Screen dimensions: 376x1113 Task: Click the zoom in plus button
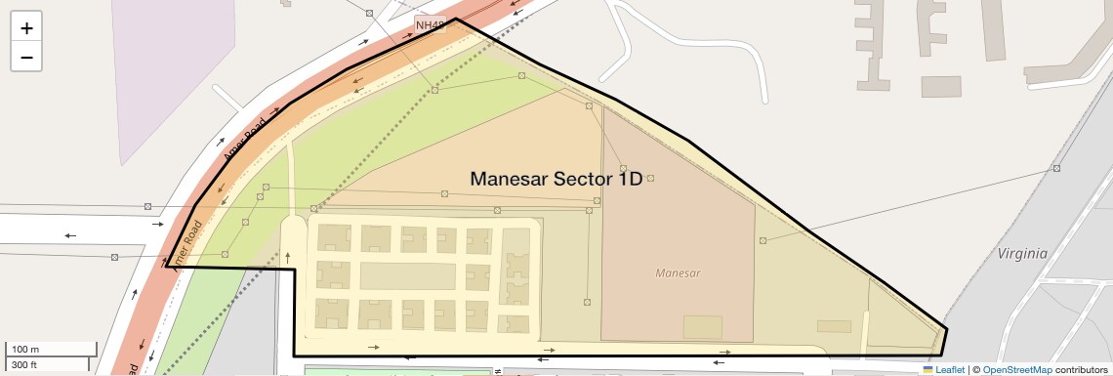click(26, 28)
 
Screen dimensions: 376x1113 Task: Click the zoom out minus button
click(26, 57)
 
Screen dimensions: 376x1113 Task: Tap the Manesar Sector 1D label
click(556, 179)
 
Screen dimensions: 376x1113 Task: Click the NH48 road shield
click(429, 24)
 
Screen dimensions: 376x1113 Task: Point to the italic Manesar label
click(680, 273)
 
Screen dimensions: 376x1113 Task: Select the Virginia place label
click(1022, 253)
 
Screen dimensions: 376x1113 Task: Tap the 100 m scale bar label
click(24, 350)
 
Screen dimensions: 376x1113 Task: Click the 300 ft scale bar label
click(24, 365)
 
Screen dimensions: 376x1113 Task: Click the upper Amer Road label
click(243, 144)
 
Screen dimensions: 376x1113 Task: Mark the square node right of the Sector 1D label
click(650, 178)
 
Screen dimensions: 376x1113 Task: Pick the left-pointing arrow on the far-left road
click(70, 235)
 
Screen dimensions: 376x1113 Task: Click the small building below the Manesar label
click(702, 327)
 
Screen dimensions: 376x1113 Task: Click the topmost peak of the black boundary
click(455, 19)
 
